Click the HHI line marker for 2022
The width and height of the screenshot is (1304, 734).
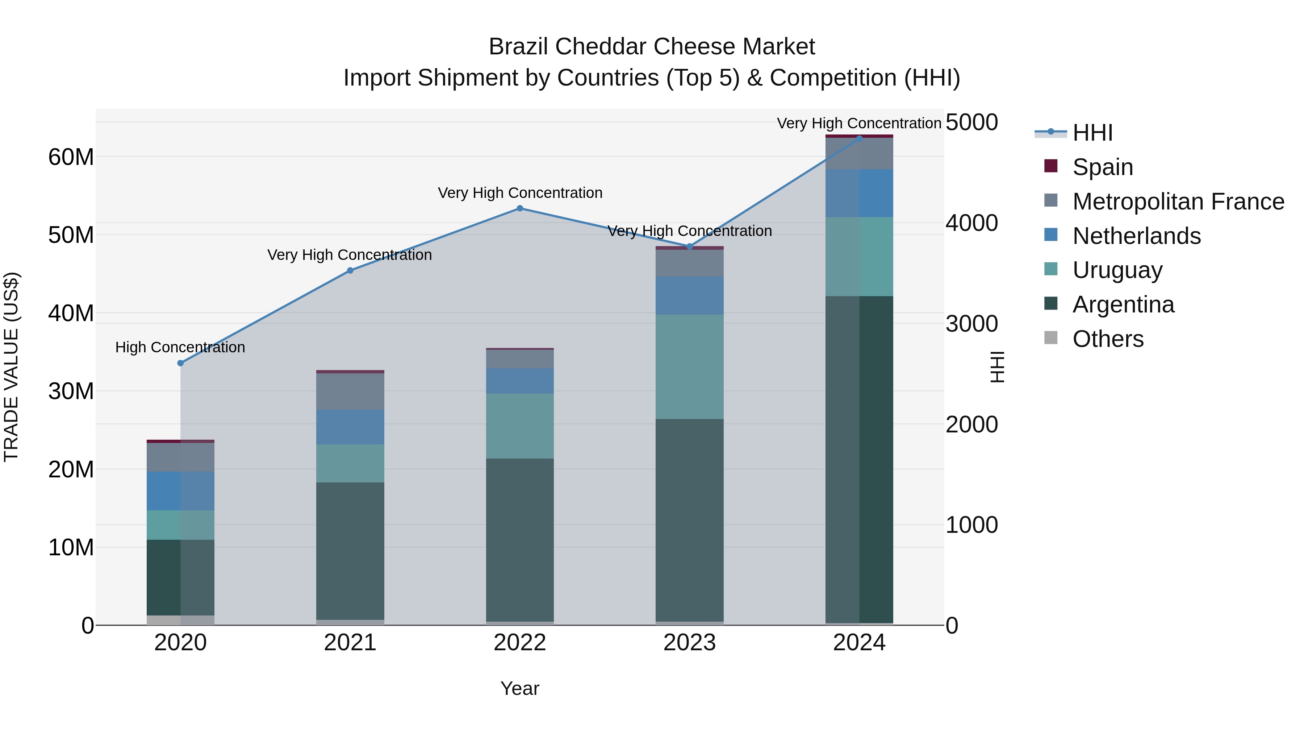tap(519, 208)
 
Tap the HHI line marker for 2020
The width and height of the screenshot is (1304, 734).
tap(180, 363)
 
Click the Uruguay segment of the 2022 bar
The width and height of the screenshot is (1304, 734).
tap(519, 426)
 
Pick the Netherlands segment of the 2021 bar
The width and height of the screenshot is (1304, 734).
tap(350, 427)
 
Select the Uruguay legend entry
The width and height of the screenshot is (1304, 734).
tap(1117, 270)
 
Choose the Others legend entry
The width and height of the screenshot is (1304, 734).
tap(1108, 339)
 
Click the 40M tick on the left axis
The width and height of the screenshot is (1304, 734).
tap(71, 313)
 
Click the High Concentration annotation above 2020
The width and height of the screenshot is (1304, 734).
tap(180, 348)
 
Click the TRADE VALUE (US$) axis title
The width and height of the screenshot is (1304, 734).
tap(11, 367)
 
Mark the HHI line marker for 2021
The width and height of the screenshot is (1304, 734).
tap(350, 270)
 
